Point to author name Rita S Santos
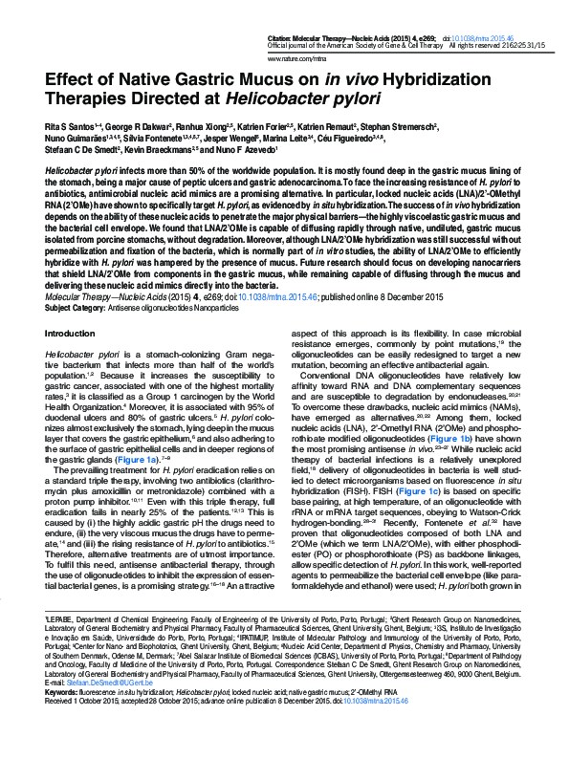tap(71, 126)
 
